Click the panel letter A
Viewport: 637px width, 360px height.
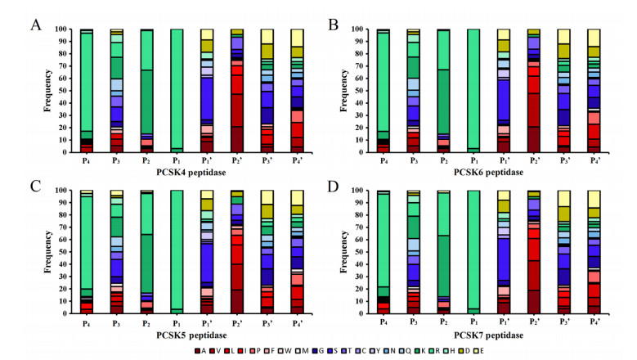36,25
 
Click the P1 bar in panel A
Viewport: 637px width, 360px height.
176,90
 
